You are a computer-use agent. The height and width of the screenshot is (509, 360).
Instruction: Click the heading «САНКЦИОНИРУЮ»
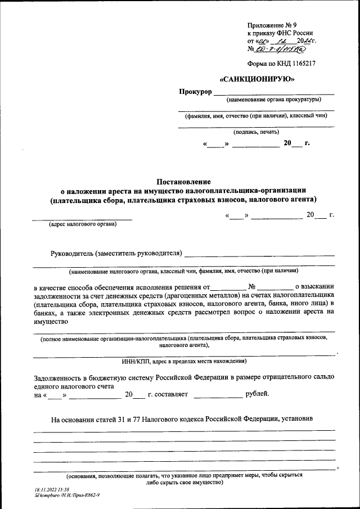coord(257,79)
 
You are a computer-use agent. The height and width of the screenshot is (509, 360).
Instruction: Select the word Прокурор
coord(195,92)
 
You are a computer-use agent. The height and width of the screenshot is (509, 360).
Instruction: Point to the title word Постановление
coord(183,182)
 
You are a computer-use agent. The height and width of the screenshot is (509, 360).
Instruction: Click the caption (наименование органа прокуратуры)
coord(273,100)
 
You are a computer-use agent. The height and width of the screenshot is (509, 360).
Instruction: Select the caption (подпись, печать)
coord(256,132)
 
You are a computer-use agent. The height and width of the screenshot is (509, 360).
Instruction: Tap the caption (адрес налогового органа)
coord(83,224)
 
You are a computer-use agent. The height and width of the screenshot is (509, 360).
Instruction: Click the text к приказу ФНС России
coord(280,33)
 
